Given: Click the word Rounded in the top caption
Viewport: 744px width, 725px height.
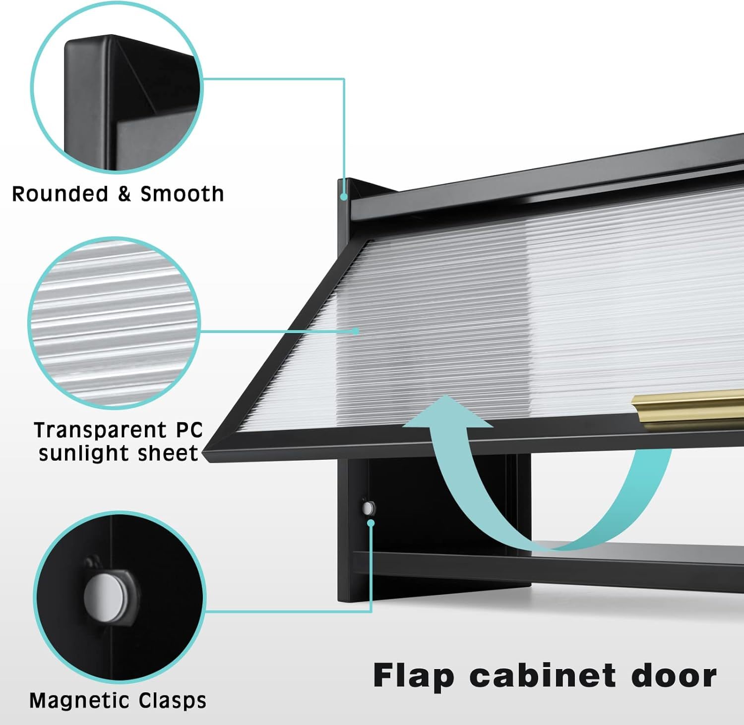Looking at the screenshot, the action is coord(60,194).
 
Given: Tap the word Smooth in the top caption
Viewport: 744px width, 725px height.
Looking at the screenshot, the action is coord(182,194).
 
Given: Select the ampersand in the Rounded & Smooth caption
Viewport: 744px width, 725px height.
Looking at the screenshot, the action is coord(124,194).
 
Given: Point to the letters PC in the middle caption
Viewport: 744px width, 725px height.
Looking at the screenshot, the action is coord(189,430).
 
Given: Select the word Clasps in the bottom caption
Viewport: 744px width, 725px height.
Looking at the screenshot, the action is coord(172,701).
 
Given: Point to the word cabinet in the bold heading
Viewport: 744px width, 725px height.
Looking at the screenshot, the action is coord(543,675).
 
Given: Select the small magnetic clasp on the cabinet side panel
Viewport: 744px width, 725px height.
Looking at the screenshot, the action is coord(368,507).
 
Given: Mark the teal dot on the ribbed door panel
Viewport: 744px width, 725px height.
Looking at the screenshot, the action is coord(356,330).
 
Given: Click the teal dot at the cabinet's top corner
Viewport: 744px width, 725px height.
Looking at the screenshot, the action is coord(343,197).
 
